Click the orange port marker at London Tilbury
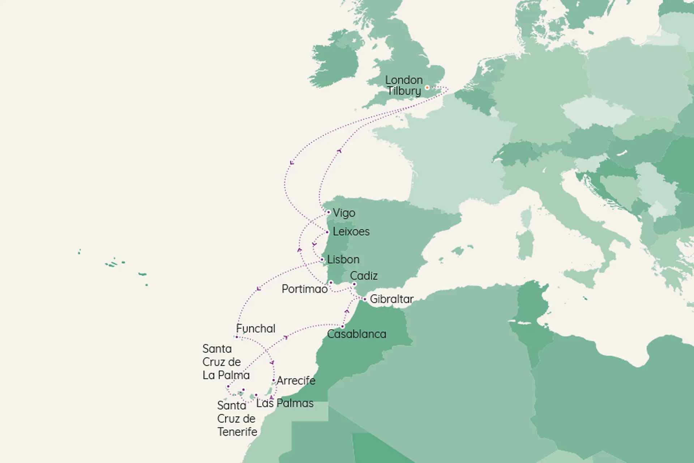point(427,88)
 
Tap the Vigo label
point(344,213)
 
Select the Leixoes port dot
point(327,232)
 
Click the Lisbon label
point(343,259)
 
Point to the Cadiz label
point(364,276)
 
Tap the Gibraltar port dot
point(365,299)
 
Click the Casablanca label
point(356,334)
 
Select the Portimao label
point(304,289)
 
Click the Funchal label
point(256,328)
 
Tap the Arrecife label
point(296,381)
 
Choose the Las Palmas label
point(285,403)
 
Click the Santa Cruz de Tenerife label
point(237,419)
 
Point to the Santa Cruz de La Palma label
point(226,362)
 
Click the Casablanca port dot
point(342,327)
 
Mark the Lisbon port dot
point(322,260)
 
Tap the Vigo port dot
point(328,212)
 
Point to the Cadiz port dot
point(354,284)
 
